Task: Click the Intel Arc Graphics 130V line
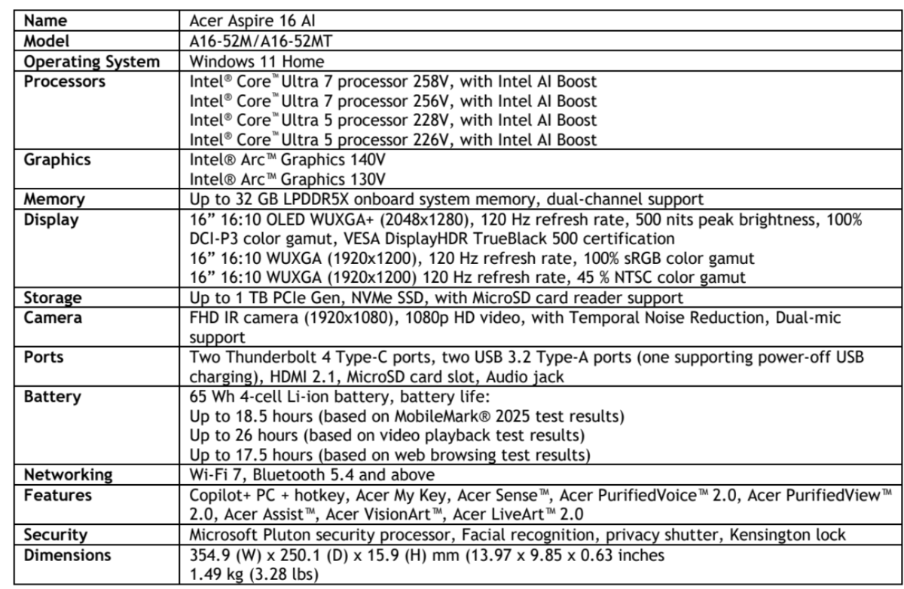[287, 179]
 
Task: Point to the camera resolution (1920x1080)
[346, 318]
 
